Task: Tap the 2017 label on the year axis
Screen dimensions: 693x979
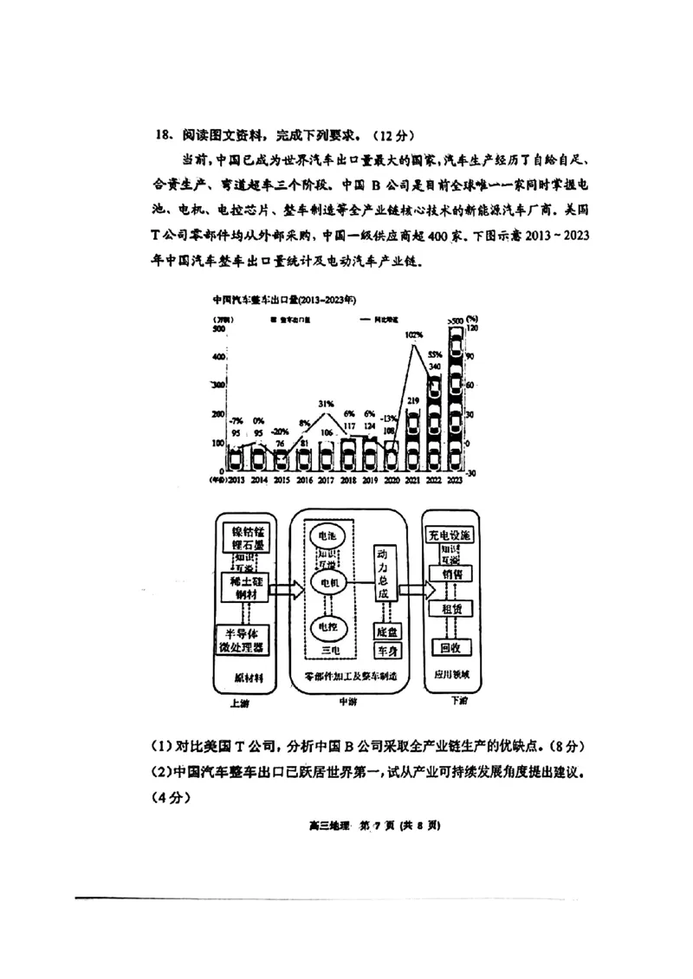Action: click(x=327, y=480)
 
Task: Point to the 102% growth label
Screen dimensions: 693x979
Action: click(x=413, y=334)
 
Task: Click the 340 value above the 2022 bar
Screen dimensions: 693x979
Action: click(x=435, y=367)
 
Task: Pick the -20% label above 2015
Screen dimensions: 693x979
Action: click(x=280, y=431)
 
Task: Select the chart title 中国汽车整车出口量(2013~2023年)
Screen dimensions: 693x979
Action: click(x=285, y=300)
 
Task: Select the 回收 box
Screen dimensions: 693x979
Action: click(x=449, y=647)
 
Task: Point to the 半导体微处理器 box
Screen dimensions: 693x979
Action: click(x=243, y=639)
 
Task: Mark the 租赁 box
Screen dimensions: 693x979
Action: click(x=449, y=610)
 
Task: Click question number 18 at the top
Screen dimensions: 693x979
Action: click(x=164, y=135)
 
